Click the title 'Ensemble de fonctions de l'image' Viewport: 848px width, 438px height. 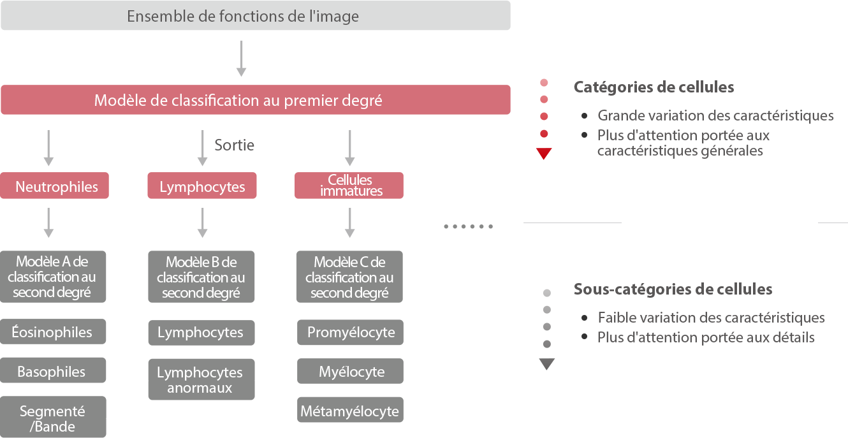point(242,17)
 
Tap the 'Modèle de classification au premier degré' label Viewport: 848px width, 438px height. point(238,101)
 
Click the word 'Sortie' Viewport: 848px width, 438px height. point(235,145)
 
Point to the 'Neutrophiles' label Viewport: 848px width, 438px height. point(57,187)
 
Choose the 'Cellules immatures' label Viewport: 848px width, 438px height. point(351,186)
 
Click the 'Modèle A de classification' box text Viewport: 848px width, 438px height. point(52,277)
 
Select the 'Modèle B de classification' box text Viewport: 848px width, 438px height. point(201,278)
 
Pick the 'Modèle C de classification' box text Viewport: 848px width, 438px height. point(349,278)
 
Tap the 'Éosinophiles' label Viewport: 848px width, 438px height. point(52,332)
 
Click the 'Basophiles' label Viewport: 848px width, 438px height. point(51,372)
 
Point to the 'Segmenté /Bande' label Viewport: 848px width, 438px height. point(52,419)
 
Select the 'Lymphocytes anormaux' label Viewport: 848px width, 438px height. point(200,380)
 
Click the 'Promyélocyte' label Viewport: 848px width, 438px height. point(351,332)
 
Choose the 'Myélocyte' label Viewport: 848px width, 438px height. point(352,372)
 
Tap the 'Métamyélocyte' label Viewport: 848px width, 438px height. point(349,412)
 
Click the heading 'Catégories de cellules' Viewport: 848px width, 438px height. point(654,87)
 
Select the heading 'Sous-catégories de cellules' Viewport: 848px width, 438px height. point(673,289)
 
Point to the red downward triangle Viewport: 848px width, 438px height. point(544,154)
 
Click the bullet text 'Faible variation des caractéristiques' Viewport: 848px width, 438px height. point(711,318)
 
